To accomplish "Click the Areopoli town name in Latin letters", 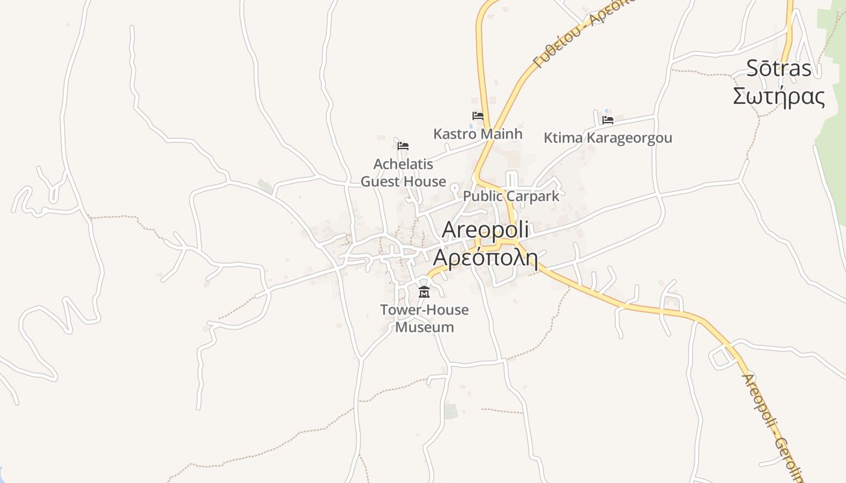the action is [x=485, y=229].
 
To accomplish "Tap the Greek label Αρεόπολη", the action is [x=485, y=258].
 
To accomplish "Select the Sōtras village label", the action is [x=778, y=68].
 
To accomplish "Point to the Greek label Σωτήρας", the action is [x=778, y=96].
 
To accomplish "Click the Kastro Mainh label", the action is [x=477, y=133].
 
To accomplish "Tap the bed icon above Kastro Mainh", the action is [x=477, y=115].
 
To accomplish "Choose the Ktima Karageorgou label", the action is [x=607, y=138].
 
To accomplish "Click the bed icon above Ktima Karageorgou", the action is [x=607, y=120].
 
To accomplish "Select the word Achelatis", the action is [x=403, y=164].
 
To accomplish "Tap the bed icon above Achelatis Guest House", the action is [x=403, y=146].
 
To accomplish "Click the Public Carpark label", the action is [x=511, y=196].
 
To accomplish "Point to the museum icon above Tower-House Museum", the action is [x=424, y=293].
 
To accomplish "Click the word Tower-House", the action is [x=424, y=310].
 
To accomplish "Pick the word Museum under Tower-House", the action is [x=424, y=327].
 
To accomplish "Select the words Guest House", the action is [x=403, y=181].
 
